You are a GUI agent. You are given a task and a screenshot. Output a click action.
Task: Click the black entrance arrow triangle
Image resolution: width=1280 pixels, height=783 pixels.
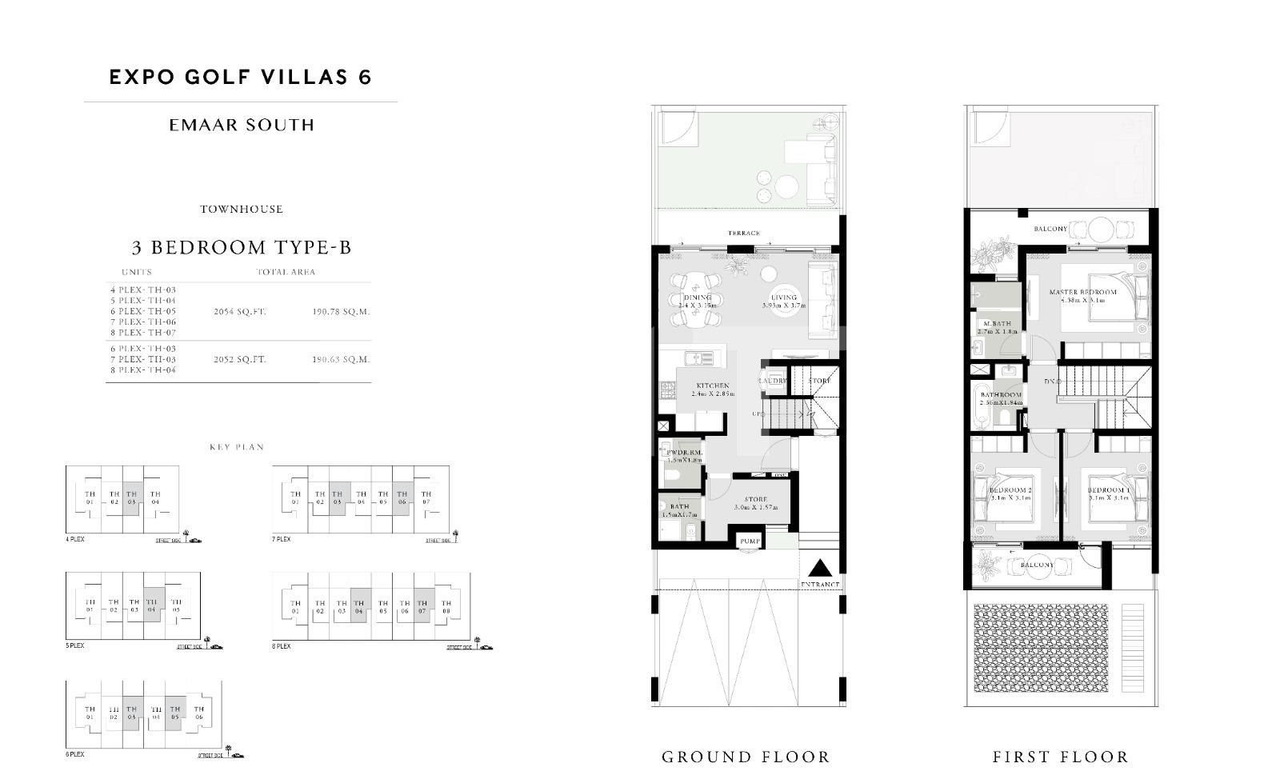[x=819, y=569]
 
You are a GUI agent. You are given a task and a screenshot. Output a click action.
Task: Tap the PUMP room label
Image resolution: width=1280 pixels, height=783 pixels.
[x=750, y=541]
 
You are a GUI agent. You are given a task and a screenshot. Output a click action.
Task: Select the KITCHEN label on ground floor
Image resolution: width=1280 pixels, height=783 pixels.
[x=712, y=386]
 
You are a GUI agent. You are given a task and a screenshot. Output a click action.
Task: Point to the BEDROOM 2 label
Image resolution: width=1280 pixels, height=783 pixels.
[x=1010, y=489]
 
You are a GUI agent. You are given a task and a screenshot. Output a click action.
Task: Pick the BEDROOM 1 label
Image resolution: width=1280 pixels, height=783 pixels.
[x=1109, y=489]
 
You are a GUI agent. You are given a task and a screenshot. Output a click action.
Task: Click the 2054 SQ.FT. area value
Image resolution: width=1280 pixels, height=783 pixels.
[x=240, y=312]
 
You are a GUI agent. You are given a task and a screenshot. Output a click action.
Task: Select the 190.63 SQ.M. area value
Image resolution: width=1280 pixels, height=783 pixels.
[x=341, y=360]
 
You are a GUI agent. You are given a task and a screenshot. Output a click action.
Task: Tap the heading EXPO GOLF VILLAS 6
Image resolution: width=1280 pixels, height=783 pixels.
[x=240, y=77]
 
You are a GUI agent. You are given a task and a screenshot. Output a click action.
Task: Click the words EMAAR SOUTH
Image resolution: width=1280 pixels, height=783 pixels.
[x=242, y=125]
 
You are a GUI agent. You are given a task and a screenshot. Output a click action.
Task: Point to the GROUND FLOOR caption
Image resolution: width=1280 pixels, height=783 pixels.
[x=746, y=757]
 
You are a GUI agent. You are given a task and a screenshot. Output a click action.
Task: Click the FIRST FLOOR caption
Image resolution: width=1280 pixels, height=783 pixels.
[x=1061, y=757]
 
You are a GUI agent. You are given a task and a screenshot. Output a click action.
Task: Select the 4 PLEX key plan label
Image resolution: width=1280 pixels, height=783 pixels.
[x=75, y=540]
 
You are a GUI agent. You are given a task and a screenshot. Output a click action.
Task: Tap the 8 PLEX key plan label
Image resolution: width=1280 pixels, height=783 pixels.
[x=282, y=646]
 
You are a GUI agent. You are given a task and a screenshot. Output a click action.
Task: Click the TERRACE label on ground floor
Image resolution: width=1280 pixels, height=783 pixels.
[x=743, y=234]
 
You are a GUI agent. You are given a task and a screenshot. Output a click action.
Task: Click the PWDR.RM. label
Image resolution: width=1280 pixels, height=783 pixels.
[x=684, y=453]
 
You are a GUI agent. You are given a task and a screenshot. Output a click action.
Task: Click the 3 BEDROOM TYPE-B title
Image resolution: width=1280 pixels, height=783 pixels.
[x=241, y=247]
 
